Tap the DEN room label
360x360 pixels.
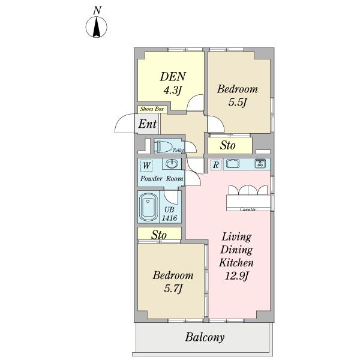pos(173,76)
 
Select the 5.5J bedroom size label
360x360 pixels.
pos(238,102)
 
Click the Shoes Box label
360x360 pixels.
pos(152,109)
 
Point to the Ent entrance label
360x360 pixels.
pos(148,124)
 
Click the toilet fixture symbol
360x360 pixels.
pos(163,146)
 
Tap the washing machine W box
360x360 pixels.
pos(146,166)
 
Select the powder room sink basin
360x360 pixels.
pos(172,164)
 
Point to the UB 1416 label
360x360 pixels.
pos(169,214)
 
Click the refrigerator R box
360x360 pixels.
pos(216,164)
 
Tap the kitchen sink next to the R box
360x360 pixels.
pos(233,164)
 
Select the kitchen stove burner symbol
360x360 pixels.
pos(260,163)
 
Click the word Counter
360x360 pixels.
pos(248,209)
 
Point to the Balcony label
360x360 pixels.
pos(205,337)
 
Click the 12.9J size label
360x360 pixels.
pos(236,276)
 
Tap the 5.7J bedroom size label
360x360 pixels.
pos(173,289)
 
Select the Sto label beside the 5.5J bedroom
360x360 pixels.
pos(227,145)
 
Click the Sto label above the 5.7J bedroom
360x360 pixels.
pos(159,235)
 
